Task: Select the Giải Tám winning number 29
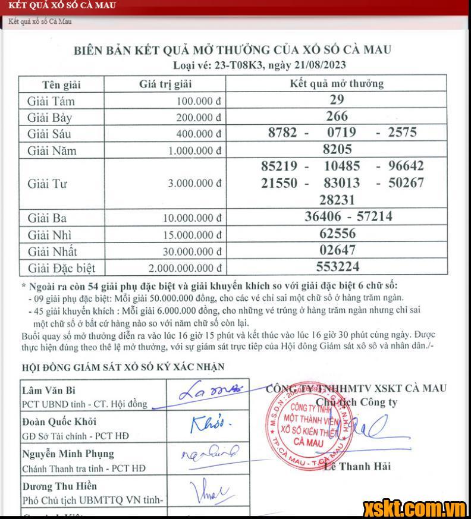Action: [337, 100]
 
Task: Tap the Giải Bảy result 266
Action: [337, 116]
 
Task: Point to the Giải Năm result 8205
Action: [337, 149]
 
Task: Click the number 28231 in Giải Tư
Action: [337, 199]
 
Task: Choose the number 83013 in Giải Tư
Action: [341, 183]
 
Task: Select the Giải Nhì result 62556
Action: [337, 234]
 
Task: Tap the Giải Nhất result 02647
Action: [337, 250]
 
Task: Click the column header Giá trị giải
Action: [164, 84]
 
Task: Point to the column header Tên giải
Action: [61, 84]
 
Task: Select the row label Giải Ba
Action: [47, 218]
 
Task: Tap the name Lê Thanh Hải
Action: [357, 466]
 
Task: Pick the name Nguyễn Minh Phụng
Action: [68, 455]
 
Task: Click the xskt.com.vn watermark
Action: [415, 508]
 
